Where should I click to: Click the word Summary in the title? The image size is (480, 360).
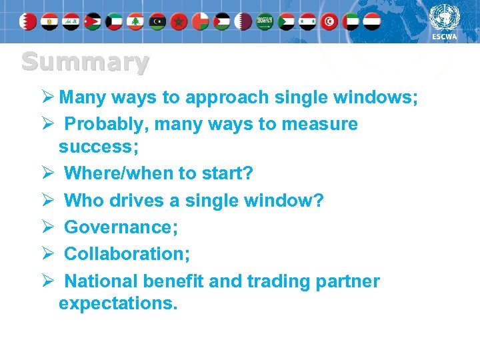point(85,63)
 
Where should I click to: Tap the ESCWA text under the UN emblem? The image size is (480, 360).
point(445,37)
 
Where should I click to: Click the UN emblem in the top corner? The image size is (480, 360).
point(445,17)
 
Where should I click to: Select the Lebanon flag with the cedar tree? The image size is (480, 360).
point(136,21)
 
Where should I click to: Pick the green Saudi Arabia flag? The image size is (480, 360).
point(265,21)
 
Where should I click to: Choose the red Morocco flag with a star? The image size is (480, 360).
point(179,21)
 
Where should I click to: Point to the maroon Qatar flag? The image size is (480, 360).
point(244,21)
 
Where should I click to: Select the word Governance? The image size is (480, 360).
point(120,227)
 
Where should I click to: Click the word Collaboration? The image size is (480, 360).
point(127,254)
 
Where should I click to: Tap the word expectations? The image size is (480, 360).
point(118,304)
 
